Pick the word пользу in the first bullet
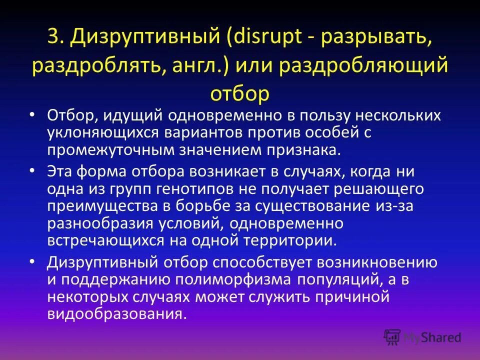pos(328,116)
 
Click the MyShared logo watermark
pos(422,336)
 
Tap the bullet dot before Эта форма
pos(32,171)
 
